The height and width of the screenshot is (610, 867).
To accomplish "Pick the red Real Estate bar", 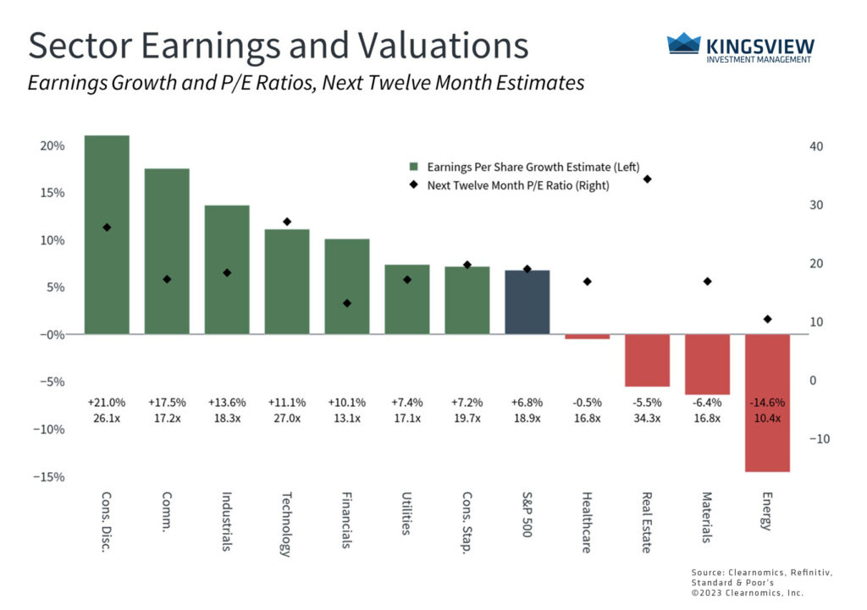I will pyautogui.click(x=647, y=360).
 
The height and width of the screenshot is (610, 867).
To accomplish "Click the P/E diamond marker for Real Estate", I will pyautogui.click(x=647, y=179).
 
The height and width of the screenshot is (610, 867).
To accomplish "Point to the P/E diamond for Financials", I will pyautogui.click(x=346, y=303).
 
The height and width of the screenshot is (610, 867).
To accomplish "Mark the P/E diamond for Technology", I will pyautogui.click(x=287, y=222).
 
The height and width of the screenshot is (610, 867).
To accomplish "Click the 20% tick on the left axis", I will pyautogui.click(x=53, y=146).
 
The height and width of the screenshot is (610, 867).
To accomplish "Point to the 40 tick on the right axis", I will pyautogui.click(x=816, y=146).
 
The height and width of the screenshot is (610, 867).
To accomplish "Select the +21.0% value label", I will pyautogui.click(x=107, y=402).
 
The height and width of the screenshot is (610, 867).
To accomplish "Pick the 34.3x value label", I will pyautogui.click(x=647, y=417).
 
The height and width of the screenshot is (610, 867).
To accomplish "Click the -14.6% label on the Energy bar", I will pyautogui.click(x=767, y=402).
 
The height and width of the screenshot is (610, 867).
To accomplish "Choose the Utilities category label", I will pyautogui.click(x=406, y=515).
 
